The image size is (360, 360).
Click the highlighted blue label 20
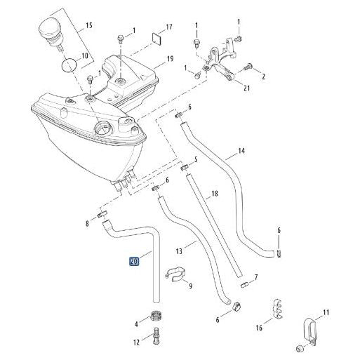pos(134,263)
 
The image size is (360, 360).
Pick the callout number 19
pos(171,59)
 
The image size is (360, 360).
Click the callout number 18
pos(215,193)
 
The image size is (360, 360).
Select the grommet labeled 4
pos(156,317)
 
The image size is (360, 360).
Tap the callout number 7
pos(255,277)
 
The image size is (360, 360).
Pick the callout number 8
pos(87,224)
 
